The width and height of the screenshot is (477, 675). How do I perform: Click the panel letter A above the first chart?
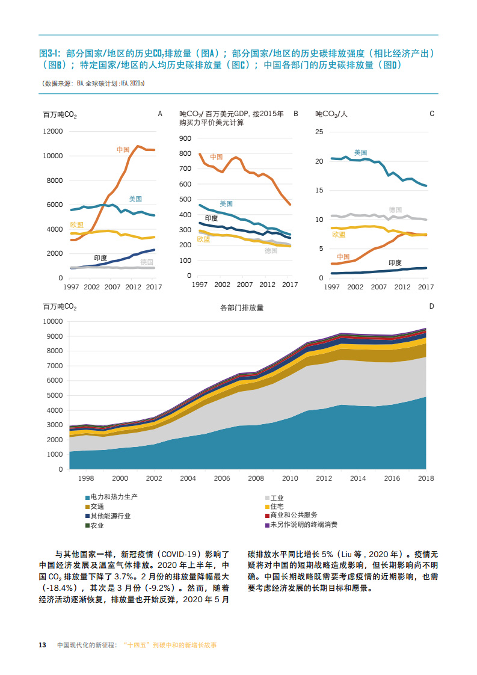click(159, 113)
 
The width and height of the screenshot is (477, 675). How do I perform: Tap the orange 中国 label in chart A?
click(123, 149)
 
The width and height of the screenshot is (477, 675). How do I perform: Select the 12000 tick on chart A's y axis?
click(52, 131)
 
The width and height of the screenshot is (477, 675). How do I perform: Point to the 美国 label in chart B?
click(226, 203)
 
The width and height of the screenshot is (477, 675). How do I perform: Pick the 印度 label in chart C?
click(395, 262)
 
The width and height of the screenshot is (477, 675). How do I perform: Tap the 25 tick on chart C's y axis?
click(319, 131)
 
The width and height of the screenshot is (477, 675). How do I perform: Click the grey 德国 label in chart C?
click(395, 209)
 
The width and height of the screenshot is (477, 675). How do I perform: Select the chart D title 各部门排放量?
click(242, 307)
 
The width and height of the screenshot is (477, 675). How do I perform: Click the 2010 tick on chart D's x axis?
click(291, 478)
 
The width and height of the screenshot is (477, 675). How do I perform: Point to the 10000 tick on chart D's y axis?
click(52, 322)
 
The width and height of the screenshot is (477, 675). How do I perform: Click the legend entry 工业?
click(277, 498)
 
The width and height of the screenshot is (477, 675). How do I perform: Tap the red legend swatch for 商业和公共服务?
click(267, 516)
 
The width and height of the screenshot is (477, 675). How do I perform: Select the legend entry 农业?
click(97, 525)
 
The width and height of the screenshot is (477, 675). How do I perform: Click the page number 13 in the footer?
click(43, 645)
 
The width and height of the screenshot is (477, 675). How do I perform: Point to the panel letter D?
click(431, 306)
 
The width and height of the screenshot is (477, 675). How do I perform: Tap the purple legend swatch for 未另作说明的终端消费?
click(267, 525)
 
